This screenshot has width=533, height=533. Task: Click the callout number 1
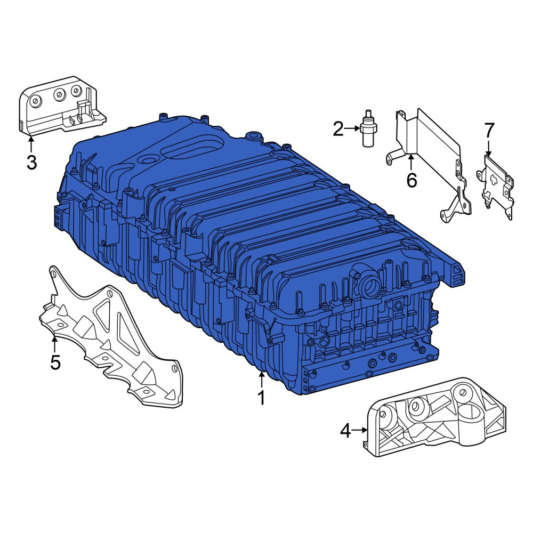pos(261,398)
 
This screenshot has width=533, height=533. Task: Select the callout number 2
pos(338,129)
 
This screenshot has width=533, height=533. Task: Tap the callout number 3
pos(31,162)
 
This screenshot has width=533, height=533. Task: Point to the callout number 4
pos(345,431)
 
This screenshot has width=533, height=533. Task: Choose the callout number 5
pos(55,362)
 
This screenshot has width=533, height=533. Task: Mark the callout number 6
pos(411,180)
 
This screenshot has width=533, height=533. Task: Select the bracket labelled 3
pos(62,106)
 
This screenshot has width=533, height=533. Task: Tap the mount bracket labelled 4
pos(435,418)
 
